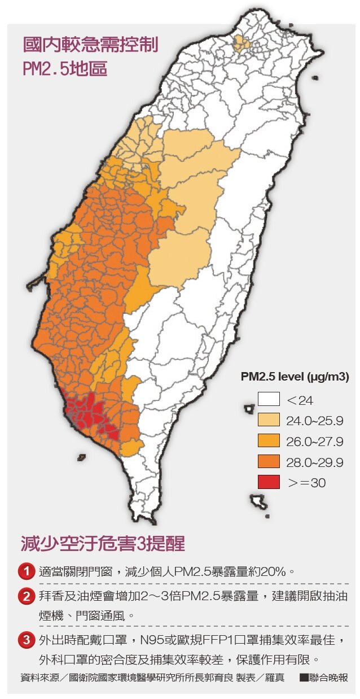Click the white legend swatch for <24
(269, 400)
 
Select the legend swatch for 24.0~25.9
(269, 420)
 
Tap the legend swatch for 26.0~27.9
(269, 441)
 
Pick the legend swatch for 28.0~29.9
(269, 462)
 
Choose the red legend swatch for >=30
(269, 482)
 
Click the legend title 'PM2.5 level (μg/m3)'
(295, 377)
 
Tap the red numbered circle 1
(27, 571)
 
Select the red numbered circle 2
(27, 596)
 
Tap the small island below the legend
(259, 500)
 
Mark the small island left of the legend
(249, 407)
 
